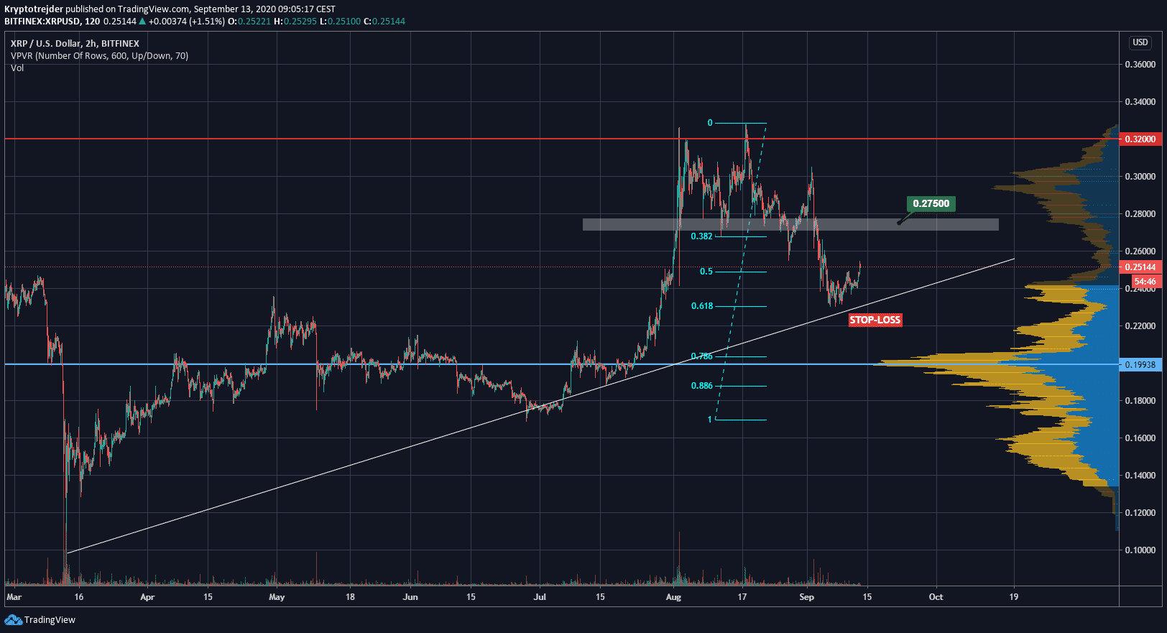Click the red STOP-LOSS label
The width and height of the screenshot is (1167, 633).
[875, 320]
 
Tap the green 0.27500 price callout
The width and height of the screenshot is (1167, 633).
[931, 203]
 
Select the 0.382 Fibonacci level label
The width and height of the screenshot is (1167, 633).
[701, 236]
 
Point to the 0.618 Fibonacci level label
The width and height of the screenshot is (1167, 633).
[702, 306]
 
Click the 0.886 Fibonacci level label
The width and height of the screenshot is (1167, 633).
[701, 386]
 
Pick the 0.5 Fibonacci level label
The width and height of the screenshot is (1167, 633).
[706, 272]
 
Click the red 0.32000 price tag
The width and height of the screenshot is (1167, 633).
[1140, 139]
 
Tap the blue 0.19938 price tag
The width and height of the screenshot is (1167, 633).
[1140, 364]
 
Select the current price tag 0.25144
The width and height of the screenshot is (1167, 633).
[1140, 267]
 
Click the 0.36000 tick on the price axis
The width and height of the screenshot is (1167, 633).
[1140, 65]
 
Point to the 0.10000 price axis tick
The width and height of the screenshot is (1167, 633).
[1140, 550]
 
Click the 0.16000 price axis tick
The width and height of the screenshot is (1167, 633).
[1140, 438]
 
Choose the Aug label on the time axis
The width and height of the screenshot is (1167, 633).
[673, 597]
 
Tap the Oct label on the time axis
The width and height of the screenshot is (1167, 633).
[936, 597]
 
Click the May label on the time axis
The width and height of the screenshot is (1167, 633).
[277, 597]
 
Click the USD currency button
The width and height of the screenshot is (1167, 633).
[1140, 42]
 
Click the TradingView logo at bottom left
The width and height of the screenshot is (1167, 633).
[40, 620]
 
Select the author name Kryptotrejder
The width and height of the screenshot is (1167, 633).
[34, 9]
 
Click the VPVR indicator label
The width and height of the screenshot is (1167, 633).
[99, 56]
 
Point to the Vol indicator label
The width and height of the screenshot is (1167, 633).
[17, 68]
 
